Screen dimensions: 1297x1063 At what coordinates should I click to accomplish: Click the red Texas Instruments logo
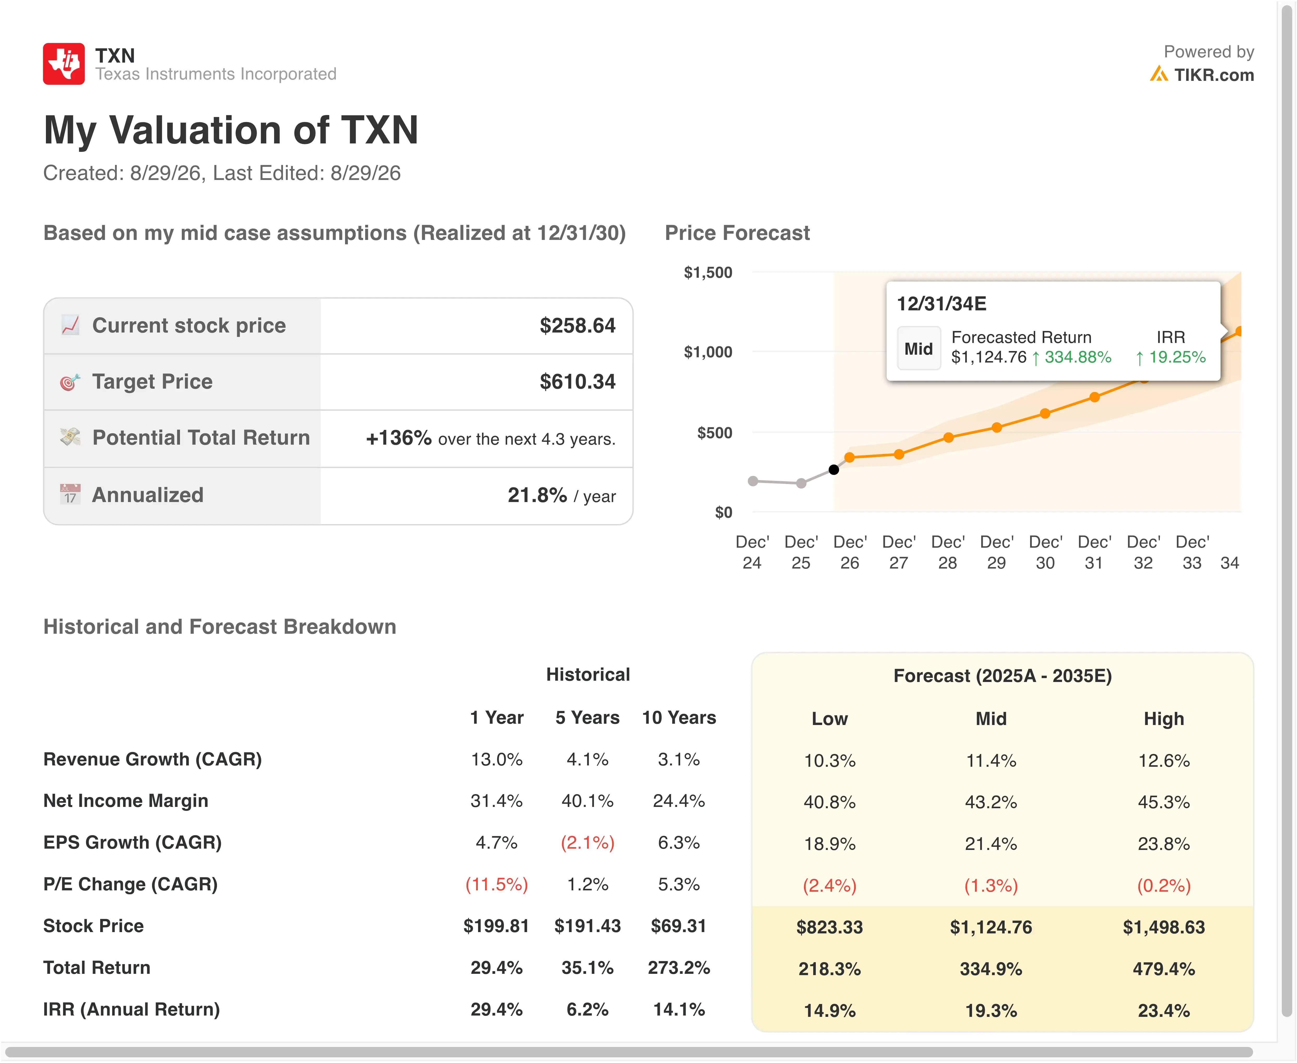[x=64, y=64]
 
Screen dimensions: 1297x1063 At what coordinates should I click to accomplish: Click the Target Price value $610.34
[x=577, y=382]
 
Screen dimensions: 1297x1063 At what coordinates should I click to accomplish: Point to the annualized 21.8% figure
[x=537, y=495]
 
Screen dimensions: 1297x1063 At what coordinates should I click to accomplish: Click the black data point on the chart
[x=834, y=470]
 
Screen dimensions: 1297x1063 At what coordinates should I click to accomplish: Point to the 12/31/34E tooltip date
[x=942, y=304]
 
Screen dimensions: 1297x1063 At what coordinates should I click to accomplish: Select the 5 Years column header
[x=587, y=718]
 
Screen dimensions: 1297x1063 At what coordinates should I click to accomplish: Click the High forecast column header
[x=1163, y=719]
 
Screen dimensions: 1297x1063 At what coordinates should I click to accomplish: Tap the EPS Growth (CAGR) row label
[x=132, y=843]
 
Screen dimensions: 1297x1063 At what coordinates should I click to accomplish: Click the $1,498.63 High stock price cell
[x=1163, y=927]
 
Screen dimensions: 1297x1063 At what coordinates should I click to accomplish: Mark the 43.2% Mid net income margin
[x=991, y=802]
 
